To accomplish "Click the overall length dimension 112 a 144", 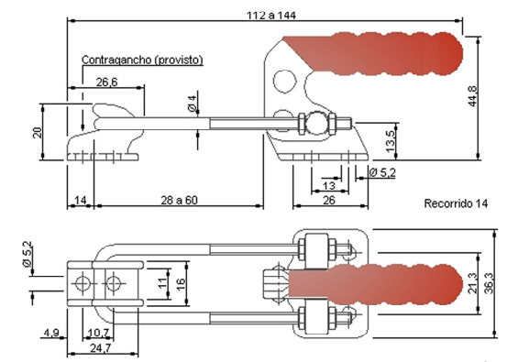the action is click(271, 16).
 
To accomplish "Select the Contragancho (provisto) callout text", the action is click(142, 60).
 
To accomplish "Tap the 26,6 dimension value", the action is click(107, 82).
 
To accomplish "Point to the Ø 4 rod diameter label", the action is click(192, 104).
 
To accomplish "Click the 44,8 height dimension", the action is click(472, 96).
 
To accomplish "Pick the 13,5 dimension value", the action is click(391, 141).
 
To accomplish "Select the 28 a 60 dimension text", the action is click(179, 201).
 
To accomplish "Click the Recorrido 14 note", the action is click(456, 203).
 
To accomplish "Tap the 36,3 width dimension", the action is click(490, 283).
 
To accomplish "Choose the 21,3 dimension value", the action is click(472, 283).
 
